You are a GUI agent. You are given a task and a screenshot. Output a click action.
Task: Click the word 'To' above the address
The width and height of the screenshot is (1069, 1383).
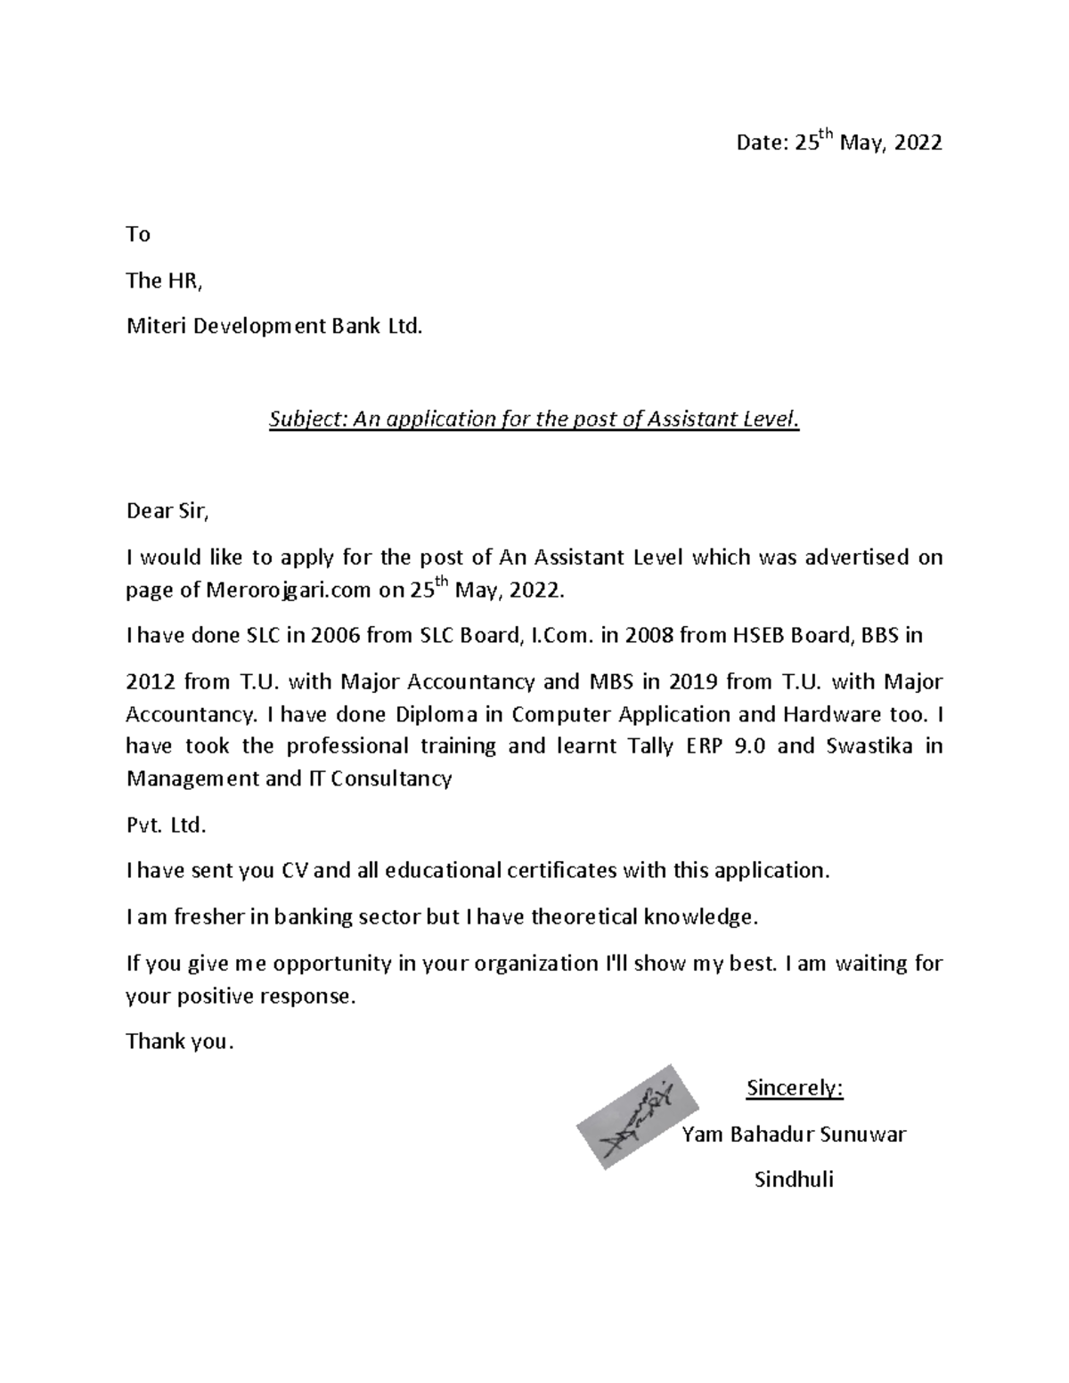[138, 234]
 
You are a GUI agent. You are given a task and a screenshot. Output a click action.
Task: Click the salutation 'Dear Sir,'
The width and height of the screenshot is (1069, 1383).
[167, 512]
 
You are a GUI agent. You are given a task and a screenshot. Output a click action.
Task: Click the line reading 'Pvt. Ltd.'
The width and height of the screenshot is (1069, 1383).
[166, 825]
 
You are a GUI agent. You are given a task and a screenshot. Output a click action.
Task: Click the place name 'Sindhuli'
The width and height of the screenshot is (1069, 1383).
[794, 1181]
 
